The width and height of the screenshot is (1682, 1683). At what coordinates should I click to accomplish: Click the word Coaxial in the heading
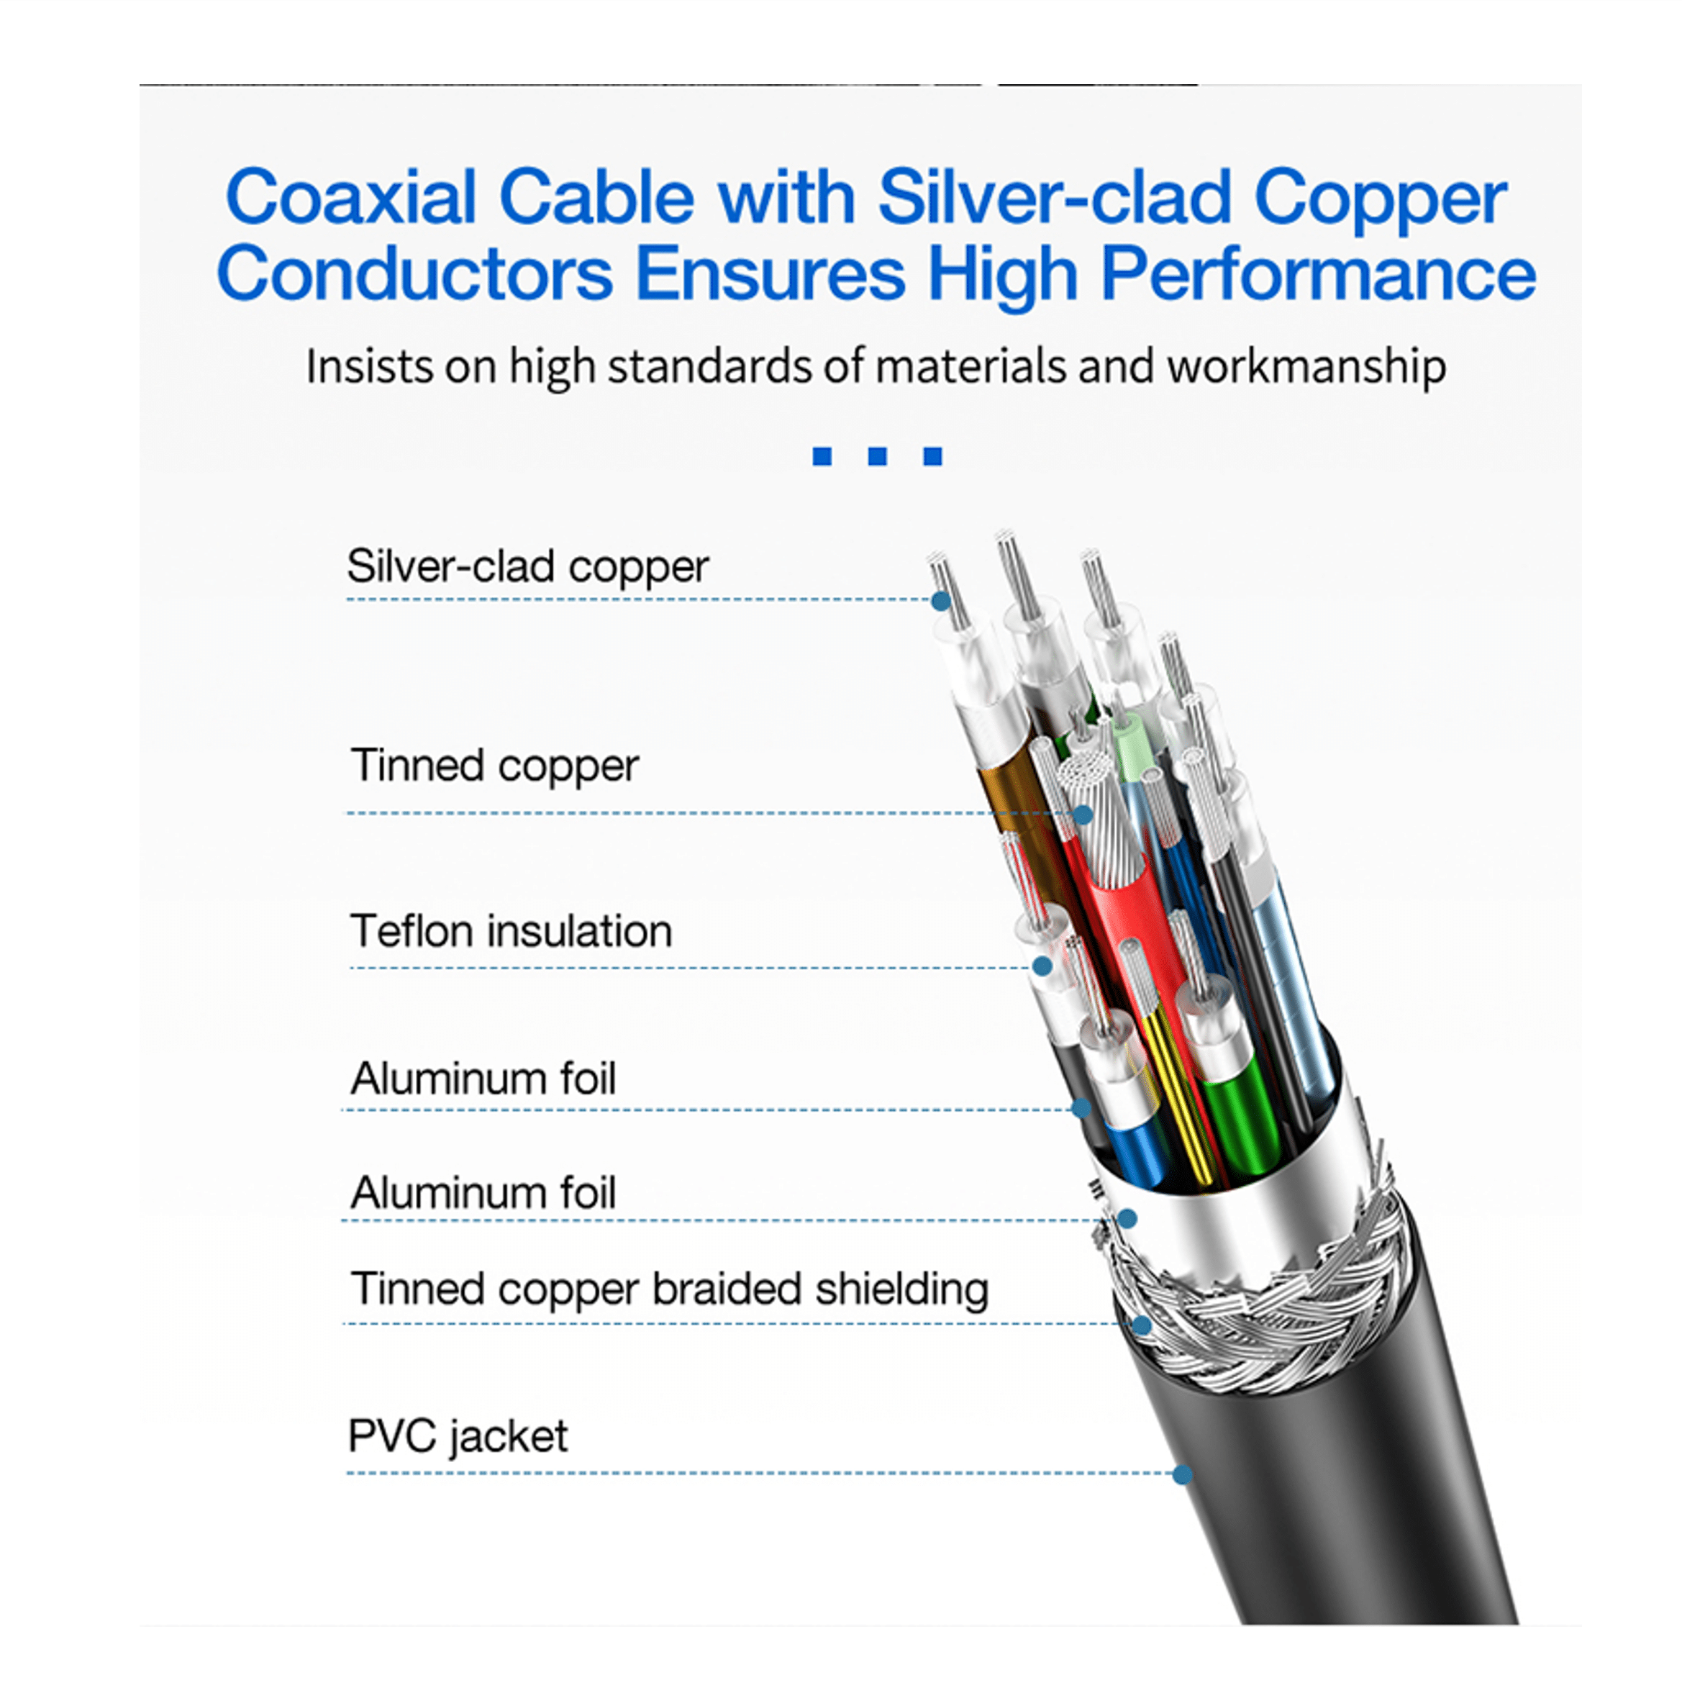coord(351,197)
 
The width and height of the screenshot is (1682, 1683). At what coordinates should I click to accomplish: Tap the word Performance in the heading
coord(1318,273)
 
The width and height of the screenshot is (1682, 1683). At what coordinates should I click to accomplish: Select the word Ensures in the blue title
coord(771,273)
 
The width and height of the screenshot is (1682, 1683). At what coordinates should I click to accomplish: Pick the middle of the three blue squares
coord(877,455)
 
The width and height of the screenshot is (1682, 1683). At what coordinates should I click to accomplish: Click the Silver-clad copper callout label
coord(528,567)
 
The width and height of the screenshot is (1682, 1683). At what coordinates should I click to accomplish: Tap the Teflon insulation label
coord(512,931)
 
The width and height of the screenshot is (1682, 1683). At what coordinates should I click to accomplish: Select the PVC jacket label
coord(458,1436)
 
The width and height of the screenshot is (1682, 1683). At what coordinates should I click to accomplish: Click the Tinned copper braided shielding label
coord(669,1289)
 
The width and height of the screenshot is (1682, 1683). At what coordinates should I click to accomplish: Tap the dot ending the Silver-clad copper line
coord(940,600)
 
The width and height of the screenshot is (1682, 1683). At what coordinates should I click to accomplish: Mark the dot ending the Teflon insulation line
coord(1042,966)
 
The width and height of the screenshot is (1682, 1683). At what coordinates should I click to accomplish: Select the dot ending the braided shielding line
coord(1142,1325)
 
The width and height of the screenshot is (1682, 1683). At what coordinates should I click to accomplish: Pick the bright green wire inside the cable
coord(1241,1124)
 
